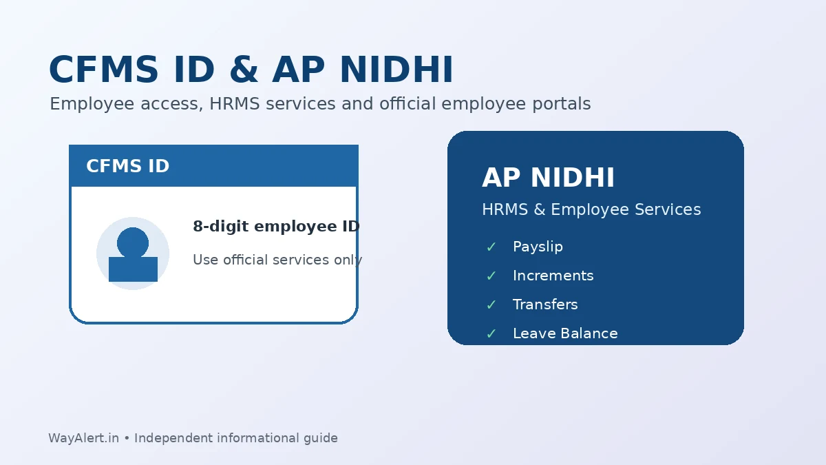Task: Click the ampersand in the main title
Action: pyautogui.click(x=244, y=70)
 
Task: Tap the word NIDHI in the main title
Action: pyautogui.click(x=396, y=70)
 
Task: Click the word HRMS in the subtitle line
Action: pyautogui.click(x=235, y=103)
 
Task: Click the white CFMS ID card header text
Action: pyautogui.click(x=127, y=166)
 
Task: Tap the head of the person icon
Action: pyautogui.click(x=133, y=242)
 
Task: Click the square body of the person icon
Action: pyautogui.click(x=133, y=269)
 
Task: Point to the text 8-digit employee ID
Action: pyautogui.click(x=276, y=226)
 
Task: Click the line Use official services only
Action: pyautogui.click(x=277, y=260)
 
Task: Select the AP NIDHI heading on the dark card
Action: pyautogui.click(x=549, y=178)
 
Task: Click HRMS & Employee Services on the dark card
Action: pyautogui.click(x=591, y=209)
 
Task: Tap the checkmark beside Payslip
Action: pyautogui.click(x=491, y=247)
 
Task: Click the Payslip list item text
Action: pyautogui.click(x=538, y=247)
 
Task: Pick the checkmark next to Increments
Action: pyautogui.click(x=491, y=276)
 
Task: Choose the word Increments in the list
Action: pyautogui.click(x=553, y=276)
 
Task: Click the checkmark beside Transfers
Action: pyautogui.click(x=491, y=304)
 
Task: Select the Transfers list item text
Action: pyautogui.click(x=545, y=304)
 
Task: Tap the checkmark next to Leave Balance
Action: pyautogui.click(x=491, y=334)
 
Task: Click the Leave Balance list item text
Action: pyautogui.click(x=565, y=333)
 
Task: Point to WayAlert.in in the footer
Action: pyautogui.click(x=84, y=438)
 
